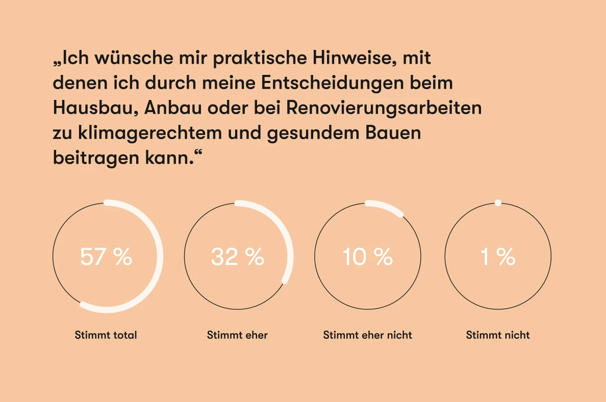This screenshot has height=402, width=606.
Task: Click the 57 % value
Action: coord(106,257)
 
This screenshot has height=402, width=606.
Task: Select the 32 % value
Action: coord(237,257)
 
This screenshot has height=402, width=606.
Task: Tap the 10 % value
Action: coord(367,257)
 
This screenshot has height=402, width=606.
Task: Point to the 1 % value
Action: coord(498,257)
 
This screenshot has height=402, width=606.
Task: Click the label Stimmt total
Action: coord(106,335)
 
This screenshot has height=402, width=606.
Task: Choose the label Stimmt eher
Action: coord(237,335)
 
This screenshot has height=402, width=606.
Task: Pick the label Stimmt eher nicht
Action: coord(367,335)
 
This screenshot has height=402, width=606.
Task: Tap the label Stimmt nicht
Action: coord(498,335)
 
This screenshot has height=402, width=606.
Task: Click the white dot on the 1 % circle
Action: coord(498,203)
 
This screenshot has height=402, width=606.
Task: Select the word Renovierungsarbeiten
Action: coord(384,108)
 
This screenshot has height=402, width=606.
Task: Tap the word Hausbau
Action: coord(95,108)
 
